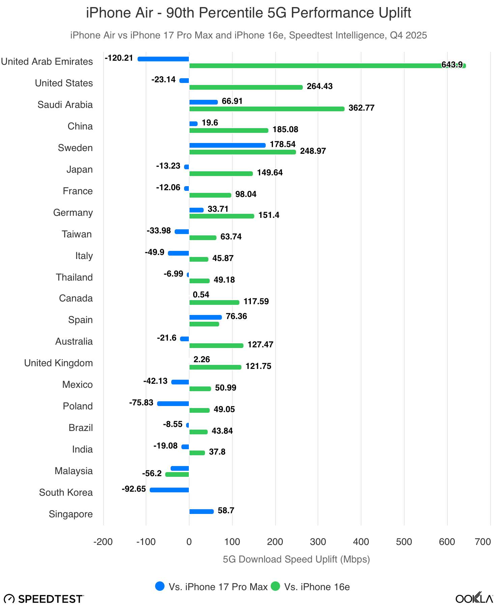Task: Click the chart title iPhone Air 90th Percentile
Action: coord(249,13)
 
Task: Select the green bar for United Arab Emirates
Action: coord(327,66)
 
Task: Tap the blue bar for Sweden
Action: coord(227,145)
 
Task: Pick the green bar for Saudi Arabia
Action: coord(267,109)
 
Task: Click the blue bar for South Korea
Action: coord(169,490)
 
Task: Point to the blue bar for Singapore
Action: coord(201,512)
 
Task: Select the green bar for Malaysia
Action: coord(177,474)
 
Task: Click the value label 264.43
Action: coord(319,86)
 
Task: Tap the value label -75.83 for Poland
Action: coord(141,403)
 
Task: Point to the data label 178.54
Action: coord(283,144)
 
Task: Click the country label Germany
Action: coord(73,213)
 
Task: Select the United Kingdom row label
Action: coord(58,363)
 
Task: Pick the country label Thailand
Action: coord(74,277)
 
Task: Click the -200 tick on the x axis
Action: coord(103,542)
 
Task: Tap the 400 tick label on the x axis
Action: coord(361,542)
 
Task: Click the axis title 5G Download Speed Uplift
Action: coord(296,559)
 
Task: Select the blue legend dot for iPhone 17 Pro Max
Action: coord(160,586)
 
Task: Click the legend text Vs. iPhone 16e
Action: coord(317,587)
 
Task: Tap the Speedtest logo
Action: coord(44,599)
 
